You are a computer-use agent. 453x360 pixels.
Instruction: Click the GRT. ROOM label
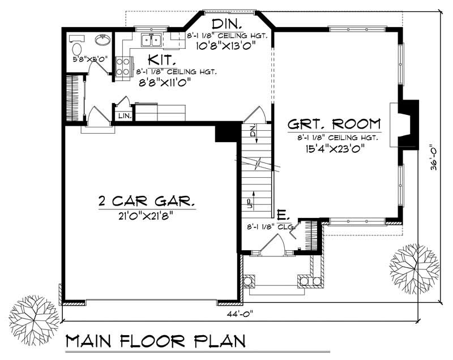(334, 124)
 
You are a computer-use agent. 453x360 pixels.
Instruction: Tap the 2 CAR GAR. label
(147, 201)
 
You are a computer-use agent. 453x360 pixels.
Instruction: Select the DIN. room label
(227, 24)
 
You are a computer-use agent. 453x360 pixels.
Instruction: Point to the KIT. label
(162, 59)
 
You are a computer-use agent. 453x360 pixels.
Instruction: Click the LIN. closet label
(124, 115)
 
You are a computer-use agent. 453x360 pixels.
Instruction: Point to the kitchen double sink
(151, 40)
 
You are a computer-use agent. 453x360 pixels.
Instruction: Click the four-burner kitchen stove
(122, 67)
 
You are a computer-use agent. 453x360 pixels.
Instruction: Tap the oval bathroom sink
(102, 41)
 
